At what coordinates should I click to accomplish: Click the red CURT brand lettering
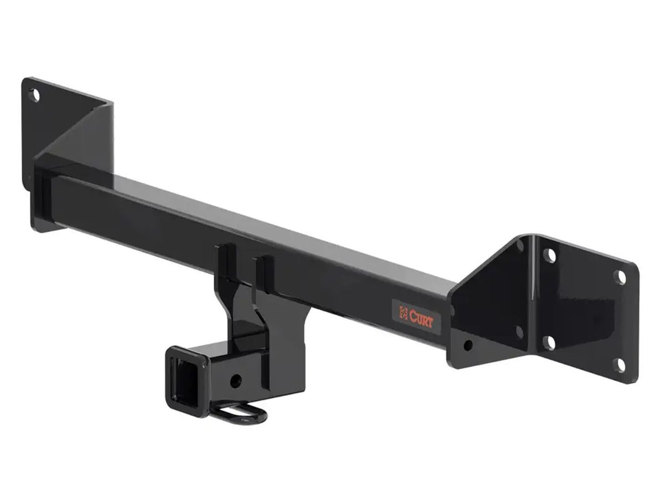click(421, 319)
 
